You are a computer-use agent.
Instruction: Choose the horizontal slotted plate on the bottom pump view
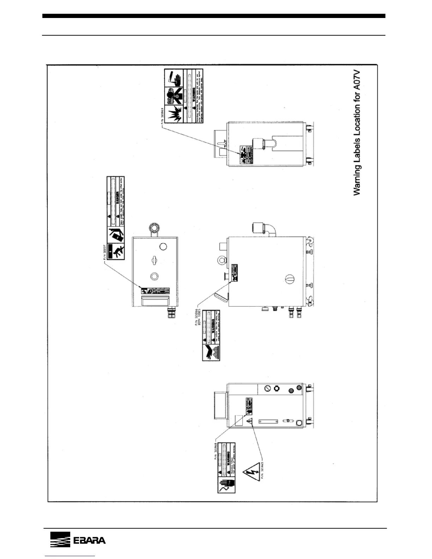pos(268,421)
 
